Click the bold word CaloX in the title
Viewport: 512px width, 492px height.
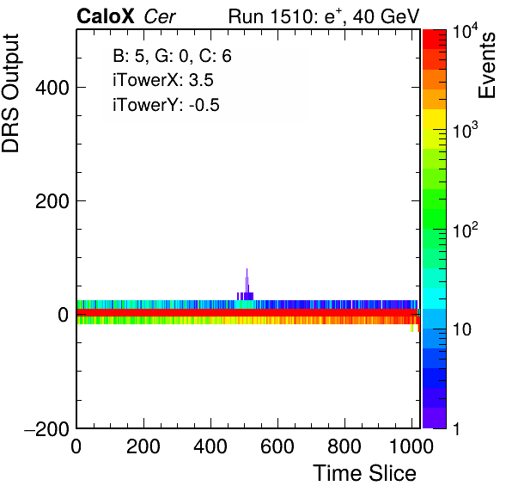pyautogui.click(x=106, y=16)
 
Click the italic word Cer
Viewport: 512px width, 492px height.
pyautogui.click(x=160, y=16)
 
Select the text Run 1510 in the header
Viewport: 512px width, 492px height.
pyautogui.click(x=271, y=16)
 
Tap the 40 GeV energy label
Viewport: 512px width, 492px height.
pyautogui.click(x=386, y=16)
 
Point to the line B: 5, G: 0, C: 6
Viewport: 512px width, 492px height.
pyautogui.click(x=172, y=56)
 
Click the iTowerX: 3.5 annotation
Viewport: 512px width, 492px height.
pyautogui.click(x=163, y=80)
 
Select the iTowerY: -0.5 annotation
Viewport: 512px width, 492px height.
pyautogui.click(x=166, y=105)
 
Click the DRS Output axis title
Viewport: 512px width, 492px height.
pyautogui.click(x=10, y=93)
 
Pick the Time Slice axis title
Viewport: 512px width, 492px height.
pyautogui.click(x=365, y=473)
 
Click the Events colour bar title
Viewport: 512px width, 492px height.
pyautogui.click(x=486, y=65)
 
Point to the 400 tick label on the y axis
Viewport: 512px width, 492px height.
pyautogui.click(x=52, y=88)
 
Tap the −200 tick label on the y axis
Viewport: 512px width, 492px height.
pyautogui.click(x=46, y=428)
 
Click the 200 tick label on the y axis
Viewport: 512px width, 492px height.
pyautogui.click(x=52, y=201)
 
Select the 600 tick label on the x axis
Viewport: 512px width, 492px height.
pyautogui.click(x=277, y=446)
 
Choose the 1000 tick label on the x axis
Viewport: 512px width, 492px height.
pyautogui.click(x=411, y=446)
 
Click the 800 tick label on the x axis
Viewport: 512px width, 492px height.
pyautogui.click(x=344, y=446)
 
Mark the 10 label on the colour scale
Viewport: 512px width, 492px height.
pyautogui.click(x=462, y=329)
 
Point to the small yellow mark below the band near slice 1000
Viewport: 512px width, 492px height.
pyautogui.click(x=411, y=328)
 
